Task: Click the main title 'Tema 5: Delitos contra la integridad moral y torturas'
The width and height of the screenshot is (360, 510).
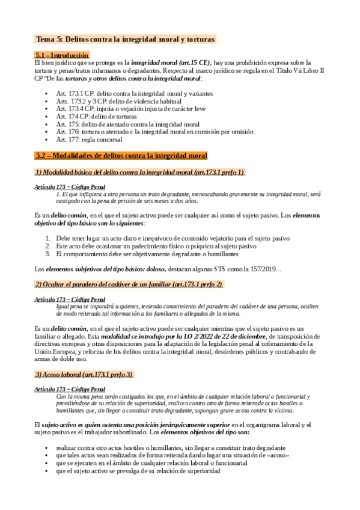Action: (x=126, y=39)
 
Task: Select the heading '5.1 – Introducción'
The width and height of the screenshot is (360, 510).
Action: (x=62, y=55)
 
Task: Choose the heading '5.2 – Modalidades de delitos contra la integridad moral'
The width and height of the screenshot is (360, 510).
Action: (x=121, y=156)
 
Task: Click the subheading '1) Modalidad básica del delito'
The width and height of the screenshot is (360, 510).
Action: (x=139, y=172)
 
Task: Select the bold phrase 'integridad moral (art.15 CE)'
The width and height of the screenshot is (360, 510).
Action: (x=171, y=63)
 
